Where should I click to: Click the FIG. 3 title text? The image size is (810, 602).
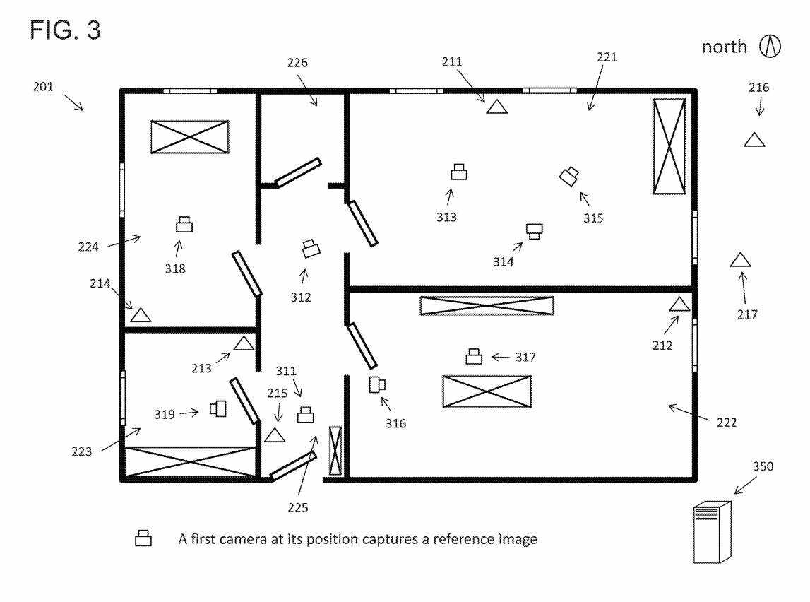[x=65, y=30]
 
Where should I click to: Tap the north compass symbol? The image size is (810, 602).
[x=770, y=47]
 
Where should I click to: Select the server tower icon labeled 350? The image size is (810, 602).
[x=713, y=532]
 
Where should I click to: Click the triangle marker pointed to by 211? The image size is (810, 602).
[x=497, y=107]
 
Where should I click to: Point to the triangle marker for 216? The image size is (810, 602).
[x=754, y=139]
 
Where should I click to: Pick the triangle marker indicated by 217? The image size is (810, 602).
[x=740, y=260]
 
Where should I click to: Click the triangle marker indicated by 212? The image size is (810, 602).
[x=679, y=305]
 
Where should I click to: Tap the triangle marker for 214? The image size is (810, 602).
[x=141, y=315]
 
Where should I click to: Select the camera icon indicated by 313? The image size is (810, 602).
[x=459, y=172]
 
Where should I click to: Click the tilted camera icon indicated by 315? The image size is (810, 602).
[x=569, y=176]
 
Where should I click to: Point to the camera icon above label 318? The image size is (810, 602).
[x=184, y=225]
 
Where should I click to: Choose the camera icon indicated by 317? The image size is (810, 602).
[x=474, y=357]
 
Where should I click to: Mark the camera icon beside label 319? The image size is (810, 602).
[x=218, y=408]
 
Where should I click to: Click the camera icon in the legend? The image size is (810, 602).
[x=143, y=538]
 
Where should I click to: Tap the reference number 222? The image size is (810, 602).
[x=726, y=423]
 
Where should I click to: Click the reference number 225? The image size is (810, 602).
[x=298, y=507]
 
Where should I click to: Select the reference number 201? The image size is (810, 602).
[x=43, y=87]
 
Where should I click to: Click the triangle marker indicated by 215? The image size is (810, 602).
[x=275, y=435]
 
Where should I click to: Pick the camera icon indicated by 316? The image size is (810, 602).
[x=377, y=384]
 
